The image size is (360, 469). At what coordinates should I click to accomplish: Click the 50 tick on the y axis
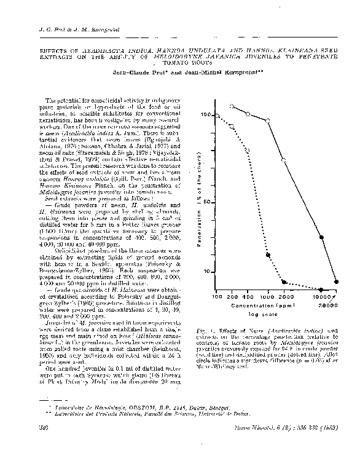pyautogui.click(x=208, y=202)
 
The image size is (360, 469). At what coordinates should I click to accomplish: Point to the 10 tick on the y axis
pyautogui.click(x=208, y=272)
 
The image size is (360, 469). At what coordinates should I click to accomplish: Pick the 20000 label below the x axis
pyautogui.click(x=328, y=304)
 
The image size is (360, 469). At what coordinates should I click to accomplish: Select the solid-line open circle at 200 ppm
pyautogui.click(x=232, y=106)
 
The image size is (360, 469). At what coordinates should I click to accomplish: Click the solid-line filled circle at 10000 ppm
pyautogui.click(x=322, y=237)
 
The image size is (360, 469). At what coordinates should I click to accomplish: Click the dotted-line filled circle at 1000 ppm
pyautogui.click(x=268, y=254)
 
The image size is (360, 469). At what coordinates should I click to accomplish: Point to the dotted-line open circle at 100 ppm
pyautogui.click(x=217, y=115)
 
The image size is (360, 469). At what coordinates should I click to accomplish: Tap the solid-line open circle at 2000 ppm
pyautogui.click(x=284, y=160)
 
